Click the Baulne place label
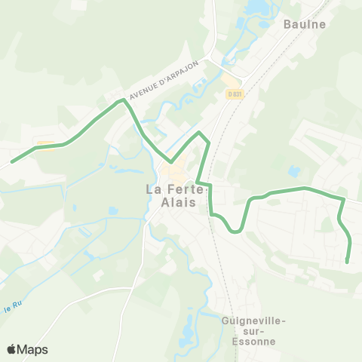[304, 24]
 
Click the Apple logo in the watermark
[12, 349]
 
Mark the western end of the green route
[11, 161]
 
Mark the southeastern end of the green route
[348, 262]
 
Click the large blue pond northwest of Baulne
[253, 8]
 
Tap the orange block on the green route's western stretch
[45, 145]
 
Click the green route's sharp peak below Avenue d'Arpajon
[121, 100]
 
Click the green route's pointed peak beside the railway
[200, 133]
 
